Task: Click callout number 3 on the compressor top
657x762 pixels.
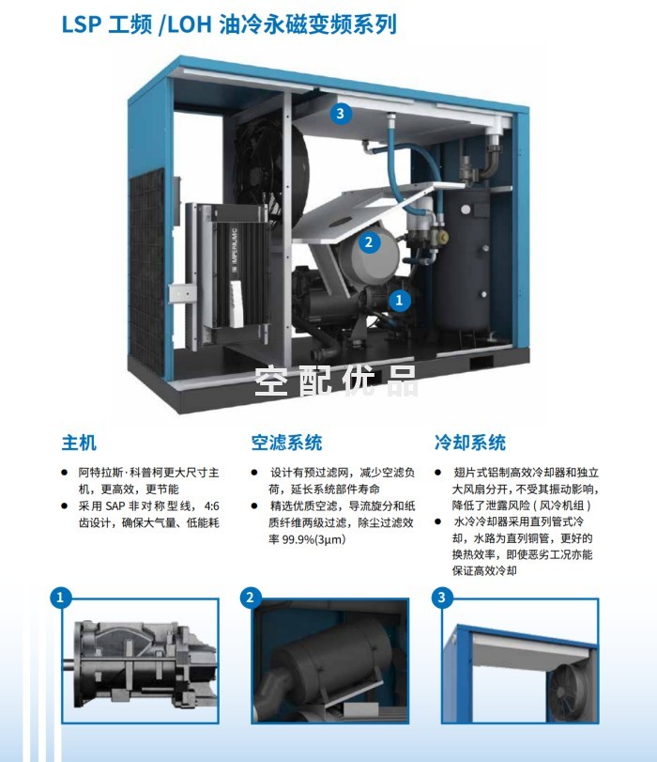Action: [341, 114]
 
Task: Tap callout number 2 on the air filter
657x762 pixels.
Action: [369, 241]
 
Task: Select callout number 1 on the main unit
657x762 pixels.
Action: [399, 300]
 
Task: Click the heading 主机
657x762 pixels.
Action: [79, 443]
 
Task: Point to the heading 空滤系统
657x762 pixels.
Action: [286, 443]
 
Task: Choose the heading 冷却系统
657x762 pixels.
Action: [470, 443]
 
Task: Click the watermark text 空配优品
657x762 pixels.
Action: [336, 381]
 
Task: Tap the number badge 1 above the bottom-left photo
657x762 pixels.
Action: [61, 598]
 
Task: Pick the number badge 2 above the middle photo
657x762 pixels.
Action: [251, 598]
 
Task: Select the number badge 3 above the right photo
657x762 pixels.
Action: [442, 598]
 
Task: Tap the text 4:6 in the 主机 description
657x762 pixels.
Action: [212, 505]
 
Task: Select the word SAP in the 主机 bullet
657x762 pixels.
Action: [115, 505]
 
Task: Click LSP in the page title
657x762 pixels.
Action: [81, 24]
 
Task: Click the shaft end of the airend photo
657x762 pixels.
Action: [69, 662]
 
